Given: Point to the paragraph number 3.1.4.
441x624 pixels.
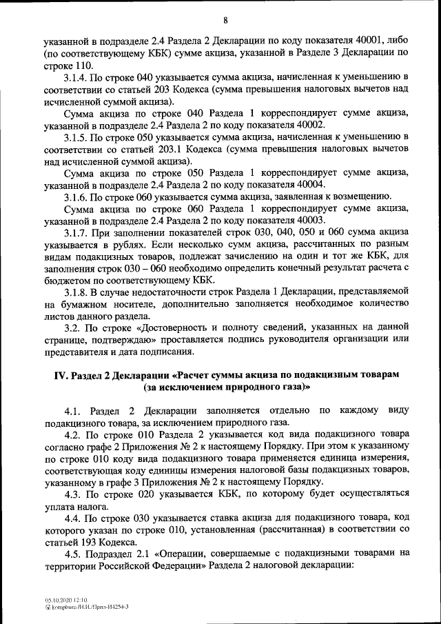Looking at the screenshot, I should (75, 76).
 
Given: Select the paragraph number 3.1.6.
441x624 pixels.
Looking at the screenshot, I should (75, 197).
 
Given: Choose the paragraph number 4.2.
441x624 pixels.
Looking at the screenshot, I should (72, 436).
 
